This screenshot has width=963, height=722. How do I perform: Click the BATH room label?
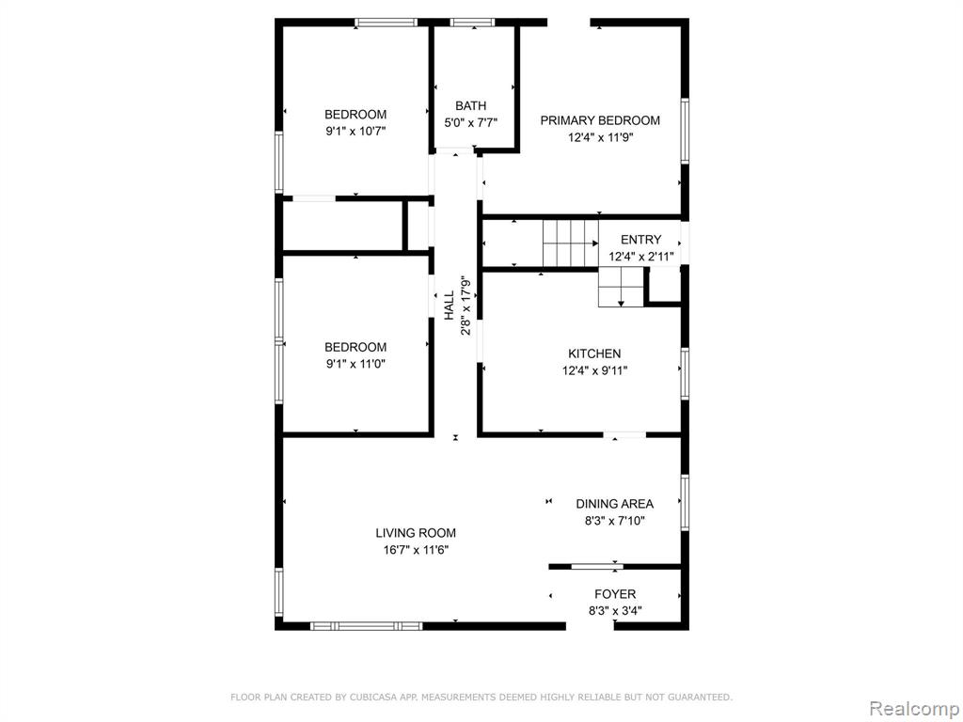pyautogui.click(x=471, y=105)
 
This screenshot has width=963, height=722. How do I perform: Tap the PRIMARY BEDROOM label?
pyautogui.click(x=600, y=120)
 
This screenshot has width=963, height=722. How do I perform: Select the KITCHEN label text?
pyautogui.click(x=594, y=353)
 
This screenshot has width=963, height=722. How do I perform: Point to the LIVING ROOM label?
pyautogui.click(x=416, y=533)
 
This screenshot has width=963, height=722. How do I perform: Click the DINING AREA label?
pyautogui.click(x=615, y=504)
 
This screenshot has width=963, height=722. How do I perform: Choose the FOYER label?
pyautogui.click(x=615, y=594)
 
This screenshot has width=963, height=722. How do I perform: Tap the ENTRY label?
pyautogui.click(x=641, y=240)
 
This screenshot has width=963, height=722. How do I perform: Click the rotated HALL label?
pyautogui.click(x=450, y=306)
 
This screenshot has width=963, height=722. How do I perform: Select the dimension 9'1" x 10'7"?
pyautogui.click(x=355, y=131)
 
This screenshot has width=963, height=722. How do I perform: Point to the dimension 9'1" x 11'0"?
pyautogui.click(x=355, y=364)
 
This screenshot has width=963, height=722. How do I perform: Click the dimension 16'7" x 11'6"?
pyautogui.click(x=417, y=550)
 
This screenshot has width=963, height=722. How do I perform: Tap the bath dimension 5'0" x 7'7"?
pyautogui.click(x=471, y=123)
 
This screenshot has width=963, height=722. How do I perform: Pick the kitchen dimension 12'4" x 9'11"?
pyautogui.click(x=595, y=370)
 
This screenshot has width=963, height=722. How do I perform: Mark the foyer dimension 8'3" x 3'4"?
pyautogui.click(x=615, y=611)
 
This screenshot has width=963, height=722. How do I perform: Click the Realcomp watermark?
pyautogui.click(x=914, y=708)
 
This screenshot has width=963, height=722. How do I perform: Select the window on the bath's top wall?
pyautogui.click(x=472, y=23)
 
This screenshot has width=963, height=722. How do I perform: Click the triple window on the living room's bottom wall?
pyautogui.click(x=366, y=626)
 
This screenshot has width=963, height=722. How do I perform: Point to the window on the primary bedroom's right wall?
pyautogui.click(x=685, y=131)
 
